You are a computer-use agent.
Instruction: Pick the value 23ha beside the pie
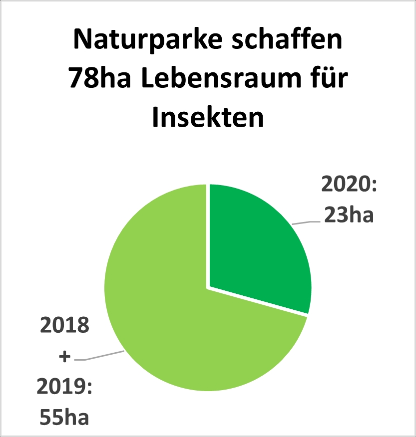point(349,216)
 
